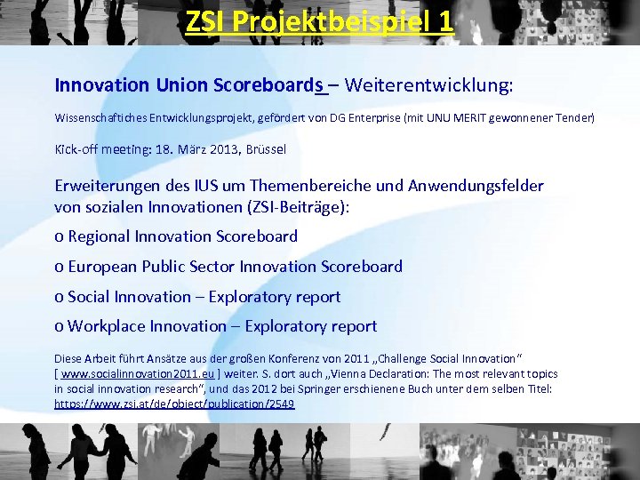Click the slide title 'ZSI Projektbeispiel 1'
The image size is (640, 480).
point(320,21)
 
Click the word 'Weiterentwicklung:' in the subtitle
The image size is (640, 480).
point(428,85)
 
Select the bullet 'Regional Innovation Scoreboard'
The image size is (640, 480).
point(182,236)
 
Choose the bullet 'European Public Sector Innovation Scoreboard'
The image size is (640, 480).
point(235,267)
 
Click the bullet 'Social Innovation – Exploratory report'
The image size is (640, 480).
point(204,297)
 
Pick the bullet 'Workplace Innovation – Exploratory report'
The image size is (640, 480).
point(222,327)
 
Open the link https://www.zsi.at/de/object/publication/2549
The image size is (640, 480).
point(174,404)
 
